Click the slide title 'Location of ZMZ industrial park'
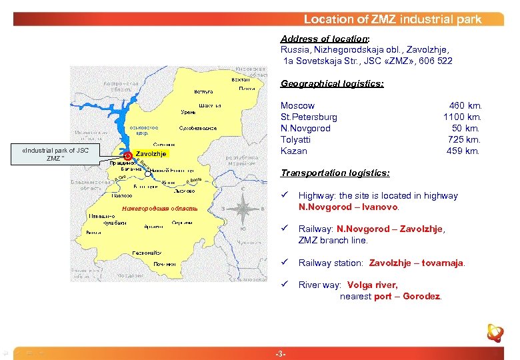[x=392, y=19]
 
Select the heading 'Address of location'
[x=323, y=39]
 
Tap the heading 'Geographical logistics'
[x=332, y=84]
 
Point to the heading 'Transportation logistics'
[x=335, y=173]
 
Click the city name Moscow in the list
[x=297, y=106]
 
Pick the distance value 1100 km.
[x=462, y=117]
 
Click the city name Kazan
[x=294, y=151]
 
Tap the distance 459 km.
[x=465, y=151]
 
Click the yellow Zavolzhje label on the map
[x=152, y=154]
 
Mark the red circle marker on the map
[x=129, y=156]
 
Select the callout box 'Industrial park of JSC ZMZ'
[x=55, y=154]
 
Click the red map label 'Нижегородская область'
[x=155, y=209]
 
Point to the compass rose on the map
[x=243, y=209]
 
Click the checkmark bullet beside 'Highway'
[x=284, y=195]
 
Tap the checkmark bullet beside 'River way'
[x=284, y=285]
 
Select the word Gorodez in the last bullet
[x=423, y=297]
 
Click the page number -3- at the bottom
[x=281, y=353]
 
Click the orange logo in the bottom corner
[x=495, y=332]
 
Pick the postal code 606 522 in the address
[x=435, y=61]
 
